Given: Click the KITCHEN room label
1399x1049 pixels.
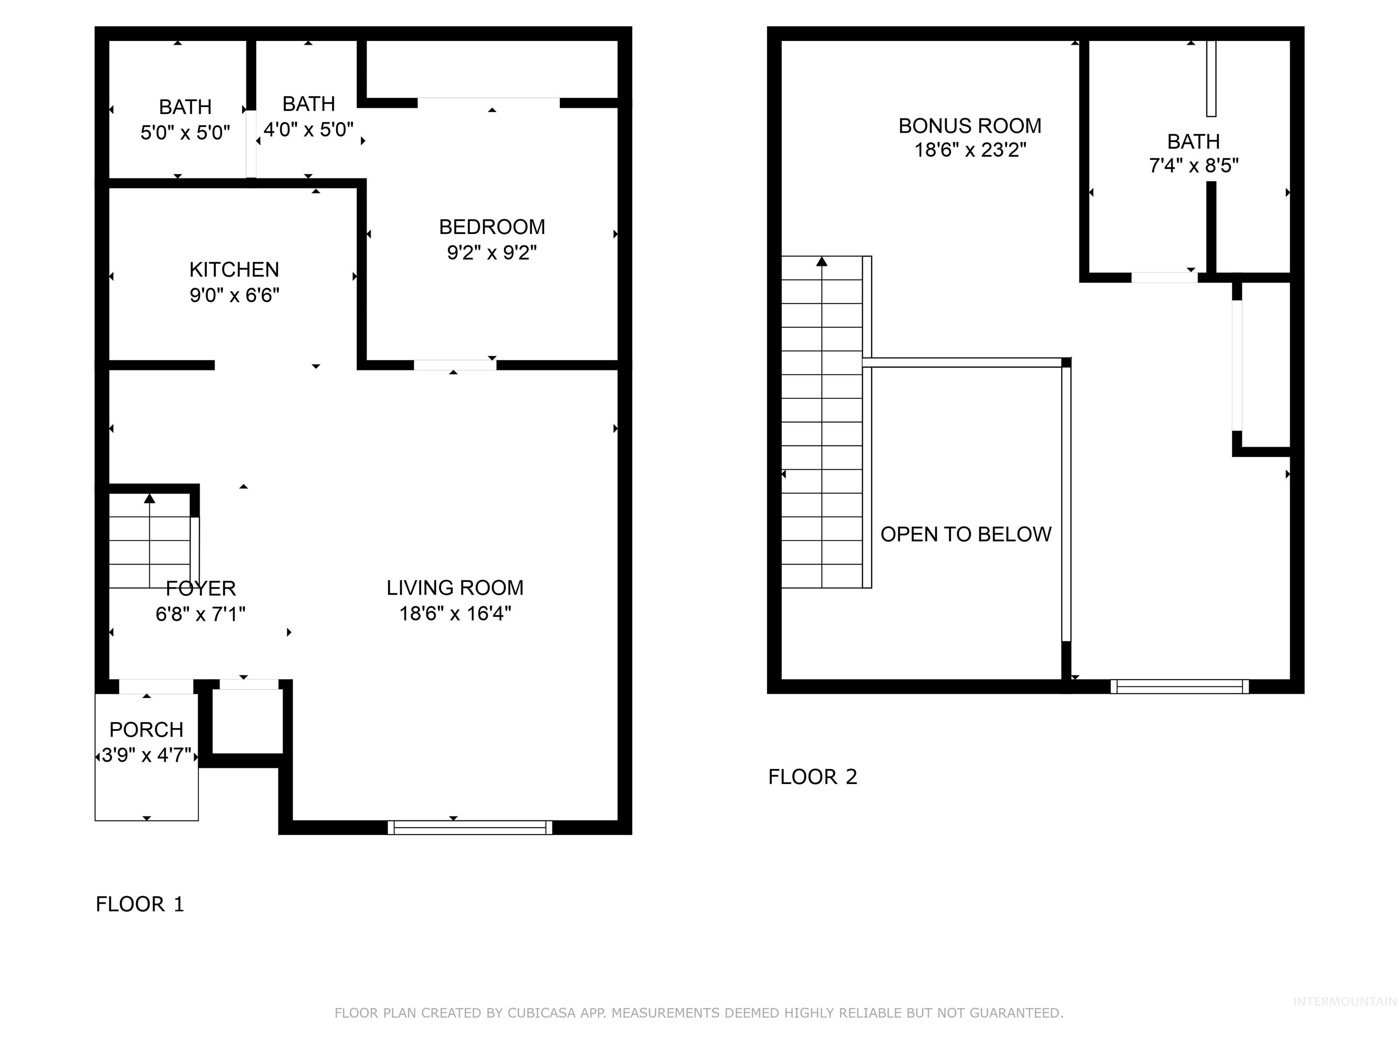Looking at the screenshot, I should pos(234,270).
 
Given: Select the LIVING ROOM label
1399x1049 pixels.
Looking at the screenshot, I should pos(455,588).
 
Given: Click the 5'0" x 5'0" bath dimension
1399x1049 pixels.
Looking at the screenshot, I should pos(185,133).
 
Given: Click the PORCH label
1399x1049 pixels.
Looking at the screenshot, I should pos(146,730).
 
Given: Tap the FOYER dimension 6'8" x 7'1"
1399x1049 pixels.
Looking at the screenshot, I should pos(200,614).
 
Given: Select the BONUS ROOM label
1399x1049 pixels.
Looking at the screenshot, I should pos(970,126).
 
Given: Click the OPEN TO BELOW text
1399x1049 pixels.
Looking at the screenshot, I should pos(966,535).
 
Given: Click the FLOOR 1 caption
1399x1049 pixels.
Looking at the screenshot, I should pos(140,904).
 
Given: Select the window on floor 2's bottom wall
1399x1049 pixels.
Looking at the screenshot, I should pos(1179,686).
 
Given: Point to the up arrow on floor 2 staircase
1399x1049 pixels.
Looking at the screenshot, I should pos(822,261).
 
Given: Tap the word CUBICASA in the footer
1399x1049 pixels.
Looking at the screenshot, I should pos(541,1013).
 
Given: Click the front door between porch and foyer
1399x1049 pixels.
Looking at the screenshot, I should pos(156,686).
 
